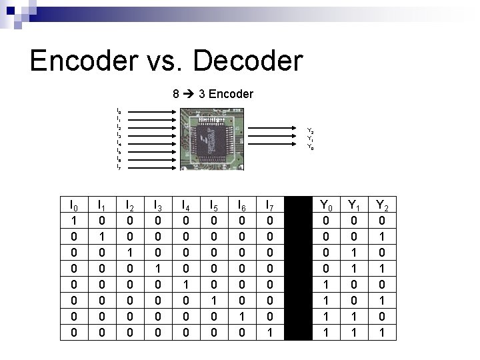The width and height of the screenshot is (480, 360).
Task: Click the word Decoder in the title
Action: [x=249, y=61]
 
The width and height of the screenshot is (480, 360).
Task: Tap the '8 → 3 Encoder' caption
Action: [x=213, y=95]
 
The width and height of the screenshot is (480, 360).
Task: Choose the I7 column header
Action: [x=269, y=206]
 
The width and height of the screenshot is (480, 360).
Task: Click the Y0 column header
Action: [x=325, y=206]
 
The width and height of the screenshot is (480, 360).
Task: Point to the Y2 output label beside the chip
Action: [x=310, y=131]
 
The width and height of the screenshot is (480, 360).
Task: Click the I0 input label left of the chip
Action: [x=119, y=111]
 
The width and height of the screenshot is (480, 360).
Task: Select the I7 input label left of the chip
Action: [x=119, y=167]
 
